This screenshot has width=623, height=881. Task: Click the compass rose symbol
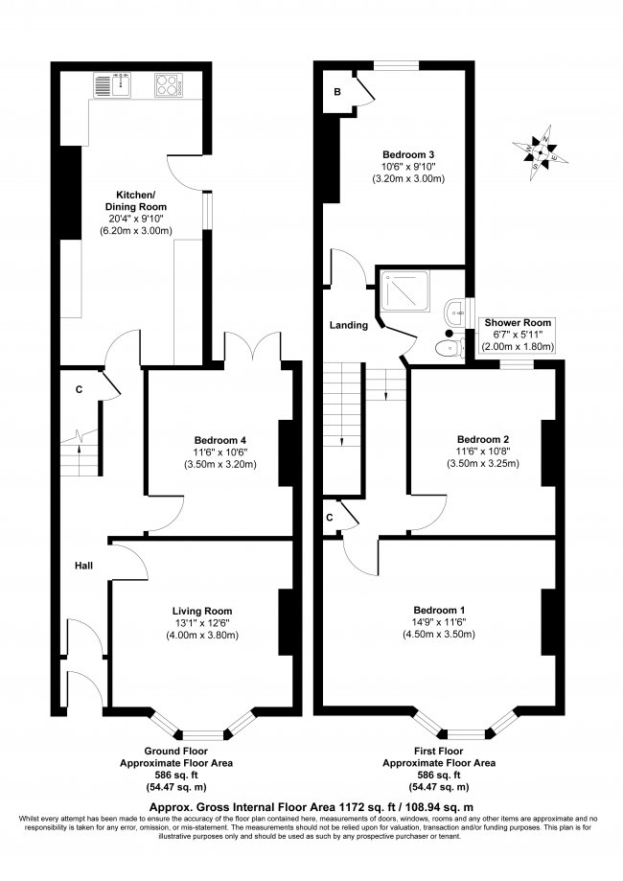coord(541,149)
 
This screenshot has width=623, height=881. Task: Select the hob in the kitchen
coord(168,86)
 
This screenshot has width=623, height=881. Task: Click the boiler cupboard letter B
coord(337,92)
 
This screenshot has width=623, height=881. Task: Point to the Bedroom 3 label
coord(409,154)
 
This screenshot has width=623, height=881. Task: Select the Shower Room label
coord(518,323)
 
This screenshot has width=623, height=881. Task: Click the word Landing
coord(349,325)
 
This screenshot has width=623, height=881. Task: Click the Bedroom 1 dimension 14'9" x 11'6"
coord(440,624)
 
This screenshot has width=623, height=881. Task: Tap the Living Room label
coord(202,611)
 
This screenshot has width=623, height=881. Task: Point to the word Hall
coord(83,566)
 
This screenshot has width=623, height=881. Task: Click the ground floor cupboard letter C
coord(79,389)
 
